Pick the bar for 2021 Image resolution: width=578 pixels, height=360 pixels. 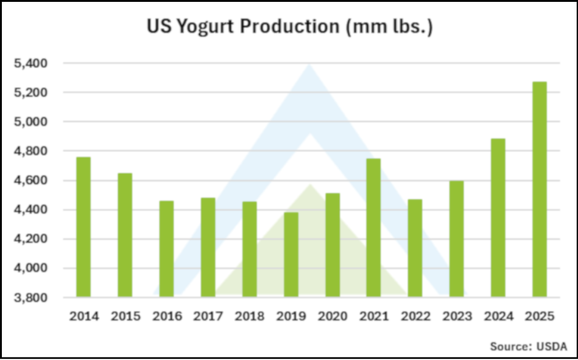(374, 227)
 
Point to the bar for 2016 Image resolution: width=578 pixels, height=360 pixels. (166, 249)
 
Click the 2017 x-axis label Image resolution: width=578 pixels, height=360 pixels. (207, 317)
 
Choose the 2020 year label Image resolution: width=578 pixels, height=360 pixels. (332, 317)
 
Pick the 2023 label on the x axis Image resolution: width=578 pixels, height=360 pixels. (456, 317)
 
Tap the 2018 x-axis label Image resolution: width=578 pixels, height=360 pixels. (249, 317)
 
